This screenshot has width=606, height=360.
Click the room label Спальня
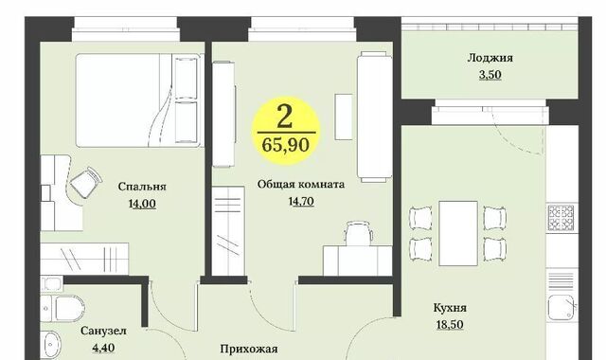click(142, 188)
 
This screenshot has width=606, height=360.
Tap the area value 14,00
click(142, 204)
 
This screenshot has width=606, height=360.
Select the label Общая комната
click(301, 184)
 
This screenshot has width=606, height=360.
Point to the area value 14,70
click(301, 202)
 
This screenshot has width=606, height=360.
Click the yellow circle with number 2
click(286, 131)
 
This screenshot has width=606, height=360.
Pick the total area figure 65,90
click(286, 145)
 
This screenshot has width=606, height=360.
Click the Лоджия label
click(490, 59)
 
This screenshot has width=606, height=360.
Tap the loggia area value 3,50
click(490, 75)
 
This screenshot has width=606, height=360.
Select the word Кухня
click(450, 308)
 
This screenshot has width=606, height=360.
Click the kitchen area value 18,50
click(450, 324)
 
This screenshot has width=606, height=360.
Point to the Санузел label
click(103, 331)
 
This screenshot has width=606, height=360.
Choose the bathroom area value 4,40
click(103, 348)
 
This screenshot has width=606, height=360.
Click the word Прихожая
click(249, 350)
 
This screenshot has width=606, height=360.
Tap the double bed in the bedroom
click(139, 100)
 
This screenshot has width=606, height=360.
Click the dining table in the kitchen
click(458, 233)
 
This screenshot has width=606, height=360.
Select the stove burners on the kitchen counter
click(561, 217)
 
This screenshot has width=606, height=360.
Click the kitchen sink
click(562, 307)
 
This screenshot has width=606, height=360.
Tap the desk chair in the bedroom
click(86, 183)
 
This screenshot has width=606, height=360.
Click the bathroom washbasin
click(51, 344)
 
